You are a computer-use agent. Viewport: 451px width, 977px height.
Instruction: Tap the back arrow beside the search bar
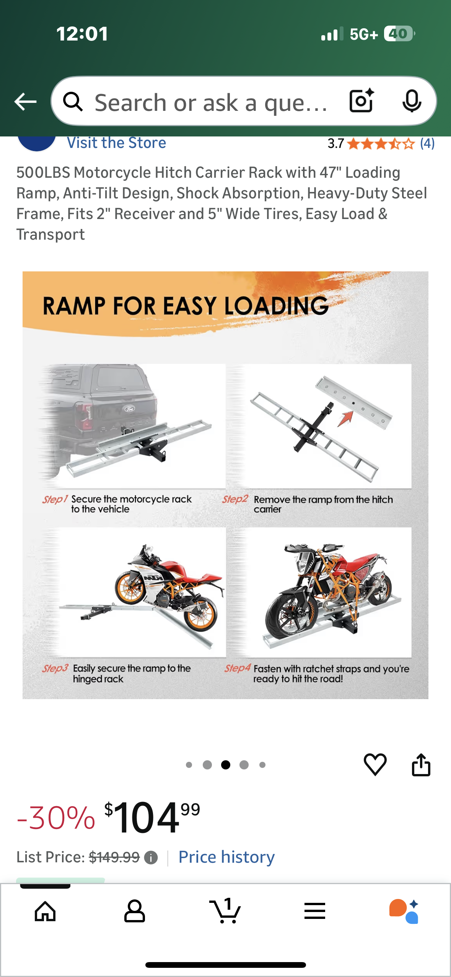[x=25, y=102]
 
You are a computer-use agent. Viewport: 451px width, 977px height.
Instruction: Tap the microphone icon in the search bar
[x=412, y=101]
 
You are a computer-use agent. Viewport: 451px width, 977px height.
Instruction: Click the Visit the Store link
[x=116, y=143]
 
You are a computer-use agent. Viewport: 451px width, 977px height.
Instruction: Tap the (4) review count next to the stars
[x=427, y=144]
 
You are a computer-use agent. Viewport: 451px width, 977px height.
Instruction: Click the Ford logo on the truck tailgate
[x=130, y=409]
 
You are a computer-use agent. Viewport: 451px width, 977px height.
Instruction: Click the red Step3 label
[x=55, y=668]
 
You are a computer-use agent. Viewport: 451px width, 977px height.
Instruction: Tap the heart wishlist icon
[x=375, y=764]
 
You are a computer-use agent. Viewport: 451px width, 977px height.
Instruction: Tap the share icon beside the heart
[x=421, y=764]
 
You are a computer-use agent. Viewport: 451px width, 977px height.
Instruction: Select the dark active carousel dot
[x=226, y=765]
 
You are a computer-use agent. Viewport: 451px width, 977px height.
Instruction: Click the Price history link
[x=226, y=857]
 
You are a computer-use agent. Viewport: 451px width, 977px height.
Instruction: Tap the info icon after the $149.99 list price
[x=151, y=858]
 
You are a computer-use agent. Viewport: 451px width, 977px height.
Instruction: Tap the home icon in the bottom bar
[x=45, y=911]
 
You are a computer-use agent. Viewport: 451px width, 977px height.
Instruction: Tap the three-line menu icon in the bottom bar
[x=315, y=911]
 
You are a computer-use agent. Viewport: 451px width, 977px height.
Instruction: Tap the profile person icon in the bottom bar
[x=135, y=911]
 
